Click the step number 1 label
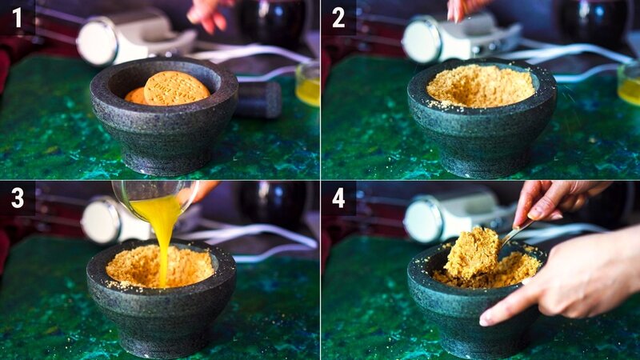pyautogui.click(x=17, y=17)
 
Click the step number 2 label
pyautogui.click(x=338, y=17)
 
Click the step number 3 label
pyautogui.click(x=17, y=198)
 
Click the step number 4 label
pyautogui.click(x=338, y=198)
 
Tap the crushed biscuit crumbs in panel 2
pyautogui.click(x=480, y=86)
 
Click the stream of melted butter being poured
pyautogui.click(x=165, y=232)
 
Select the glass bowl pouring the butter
pyautogui.click(x=152, y=196)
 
